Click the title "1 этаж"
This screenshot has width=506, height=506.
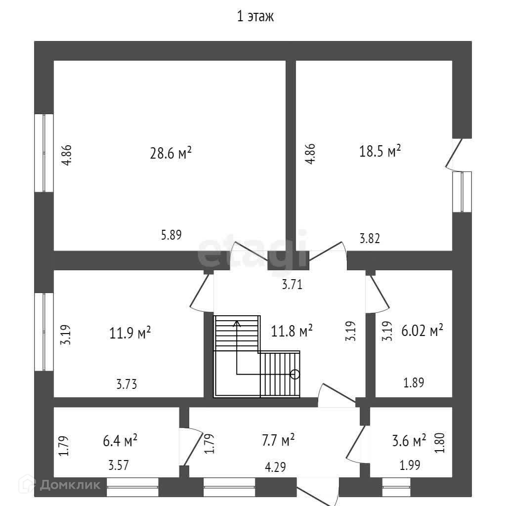(255, 17)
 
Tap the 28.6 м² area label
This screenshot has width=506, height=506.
(170, 153)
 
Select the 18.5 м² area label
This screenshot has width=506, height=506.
(379, 151)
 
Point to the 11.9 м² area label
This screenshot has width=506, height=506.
(130, 333)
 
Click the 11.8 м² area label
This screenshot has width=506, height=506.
(292, 330)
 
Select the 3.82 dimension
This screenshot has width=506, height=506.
(370, 238)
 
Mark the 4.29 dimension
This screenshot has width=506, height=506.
(275, 465)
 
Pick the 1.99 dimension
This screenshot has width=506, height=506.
(410, 465)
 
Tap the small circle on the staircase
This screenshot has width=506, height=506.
(295, 374)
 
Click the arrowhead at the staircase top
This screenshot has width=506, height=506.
(237, 324)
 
